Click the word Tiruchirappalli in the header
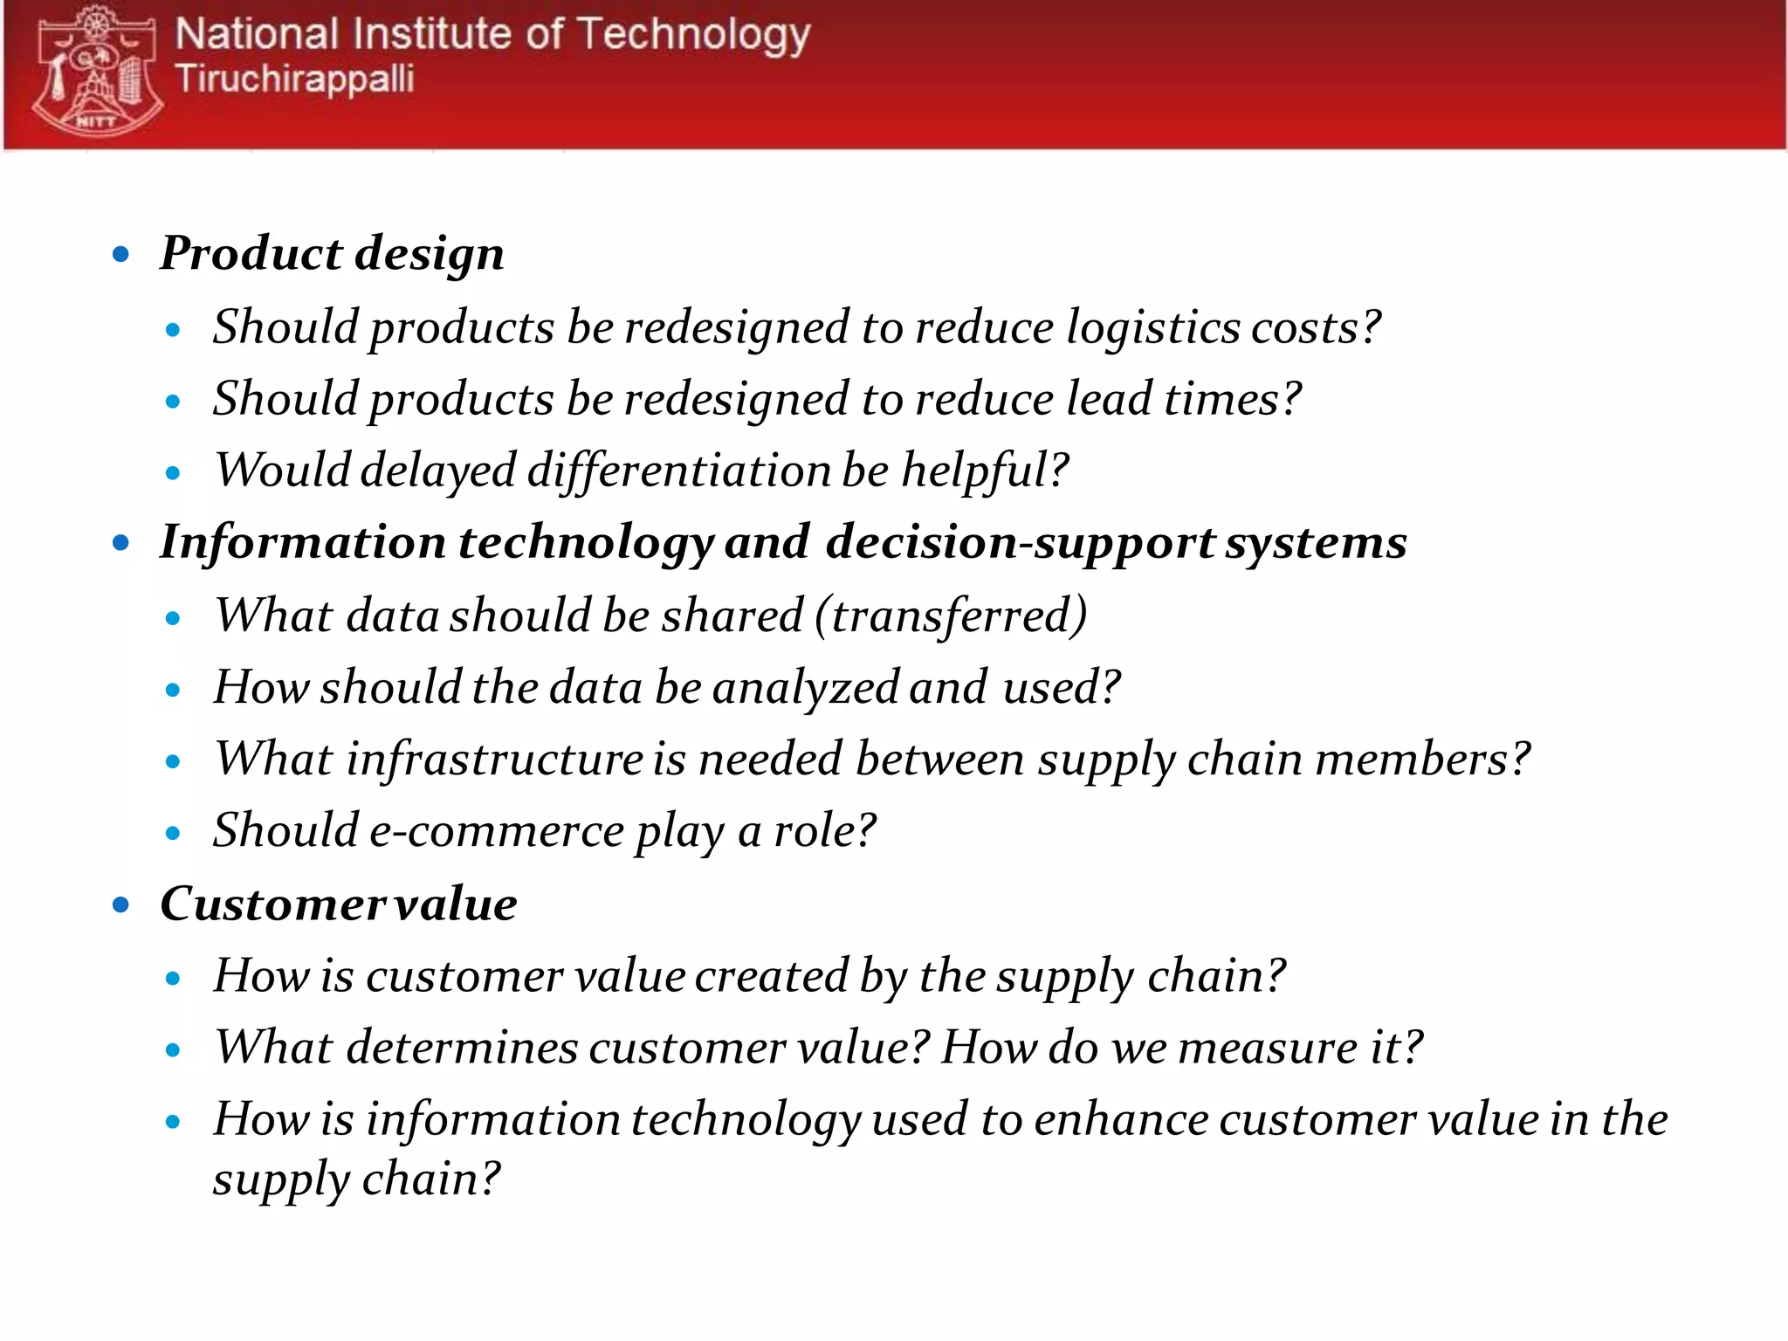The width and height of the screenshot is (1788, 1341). pos(294,79)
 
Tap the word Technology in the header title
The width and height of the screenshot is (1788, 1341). pos(693,36)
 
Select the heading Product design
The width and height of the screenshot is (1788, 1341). pos(332,253)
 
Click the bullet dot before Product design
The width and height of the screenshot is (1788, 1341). pos(121,255)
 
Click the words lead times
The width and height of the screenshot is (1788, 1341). pos(1183,399)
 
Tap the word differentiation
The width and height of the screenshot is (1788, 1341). pos(678,471)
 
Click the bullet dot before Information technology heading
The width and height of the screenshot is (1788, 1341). pos(121,543)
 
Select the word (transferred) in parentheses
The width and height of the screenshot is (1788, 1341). pos(951,615)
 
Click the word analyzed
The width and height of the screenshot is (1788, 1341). pos(805,687)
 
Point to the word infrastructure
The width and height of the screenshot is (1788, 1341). pos(494,759)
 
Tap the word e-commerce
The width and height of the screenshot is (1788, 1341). pos(496,830)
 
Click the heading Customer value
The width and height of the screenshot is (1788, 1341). pos(339,904)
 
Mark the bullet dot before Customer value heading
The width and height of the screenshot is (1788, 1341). pos(121,904)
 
